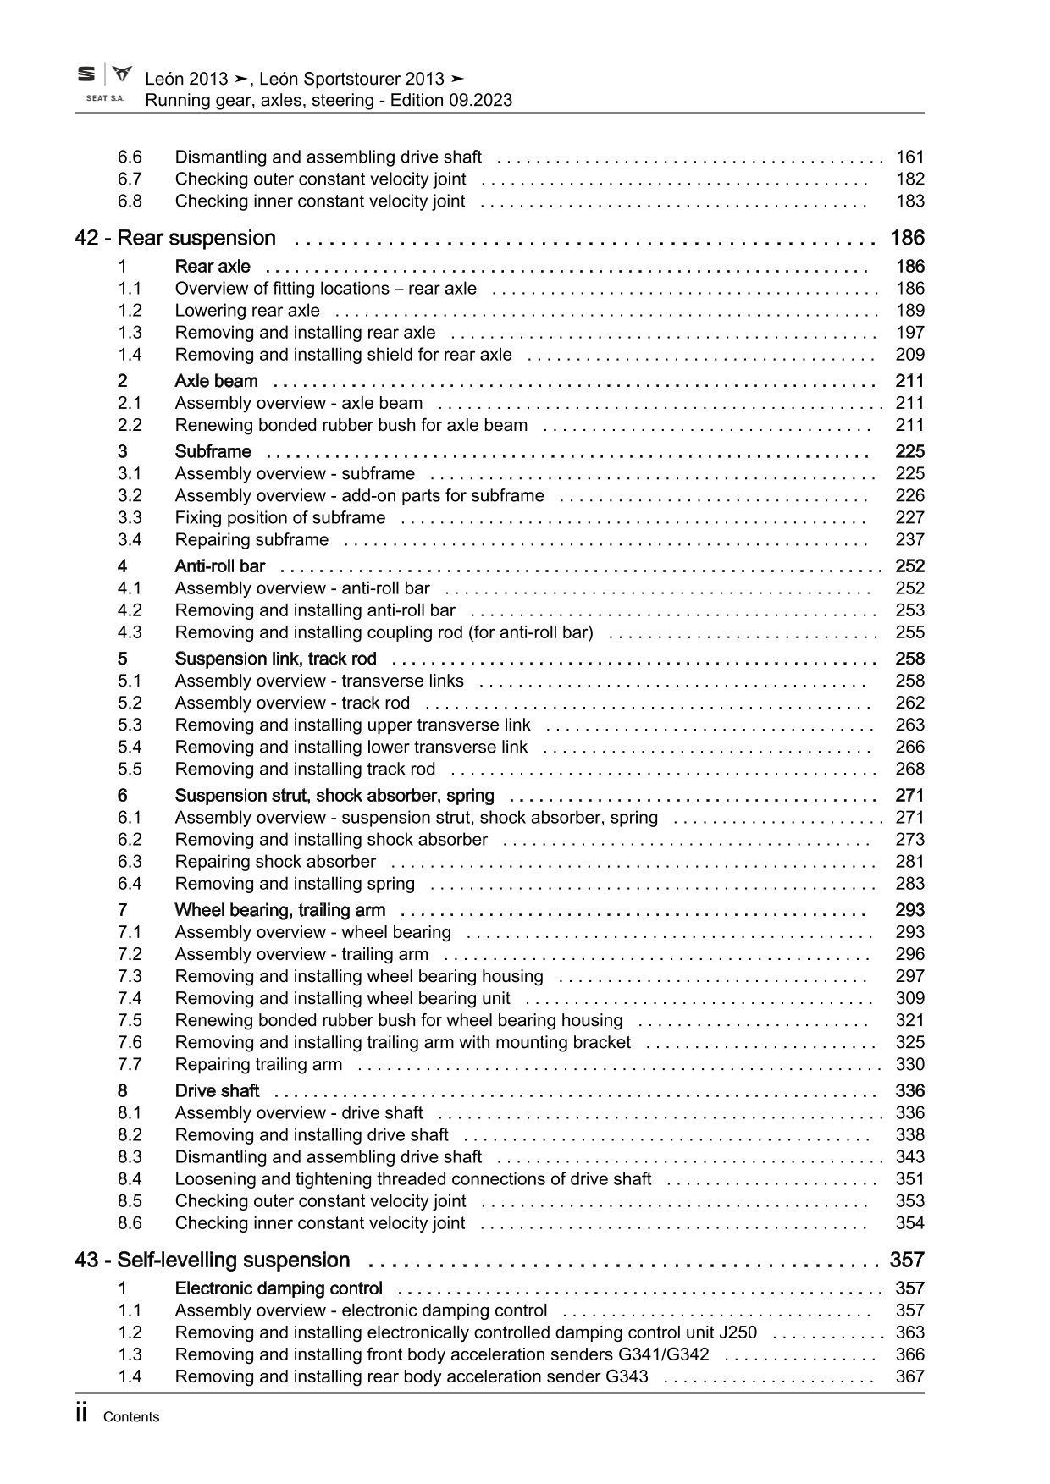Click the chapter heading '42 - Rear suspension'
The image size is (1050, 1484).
coord(175,239)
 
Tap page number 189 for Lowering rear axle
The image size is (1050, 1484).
coord(909,311)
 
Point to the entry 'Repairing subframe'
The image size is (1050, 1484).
coord(251,540)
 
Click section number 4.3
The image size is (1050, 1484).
coord(130,632)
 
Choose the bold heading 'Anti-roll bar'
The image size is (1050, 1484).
coord(219,566)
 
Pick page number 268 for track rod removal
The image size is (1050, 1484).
coord(909,770)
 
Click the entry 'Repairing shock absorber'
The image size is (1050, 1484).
coord(275,862)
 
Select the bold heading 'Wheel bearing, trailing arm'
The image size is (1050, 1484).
coord(279,911)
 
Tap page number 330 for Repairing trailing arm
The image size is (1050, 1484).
coord(909,1065)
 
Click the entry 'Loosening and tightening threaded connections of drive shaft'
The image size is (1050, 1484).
coord(413,1179)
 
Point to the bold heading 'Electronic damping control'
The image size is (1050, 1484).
coord(279,1288)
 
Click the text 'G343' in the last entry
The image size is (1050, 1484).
coord(627,1376)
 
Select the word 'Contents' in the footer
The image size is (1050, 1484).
coord(131,1417)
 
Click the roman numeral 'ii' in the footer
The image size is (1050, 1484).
coord(82,1414)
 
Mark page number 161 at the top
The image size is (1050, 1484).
coord(909,157)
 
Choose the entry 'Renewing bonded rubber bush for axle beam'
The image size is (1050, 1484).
coord(351,426)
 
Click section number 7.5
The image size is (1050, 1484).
coord(130,1021)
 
